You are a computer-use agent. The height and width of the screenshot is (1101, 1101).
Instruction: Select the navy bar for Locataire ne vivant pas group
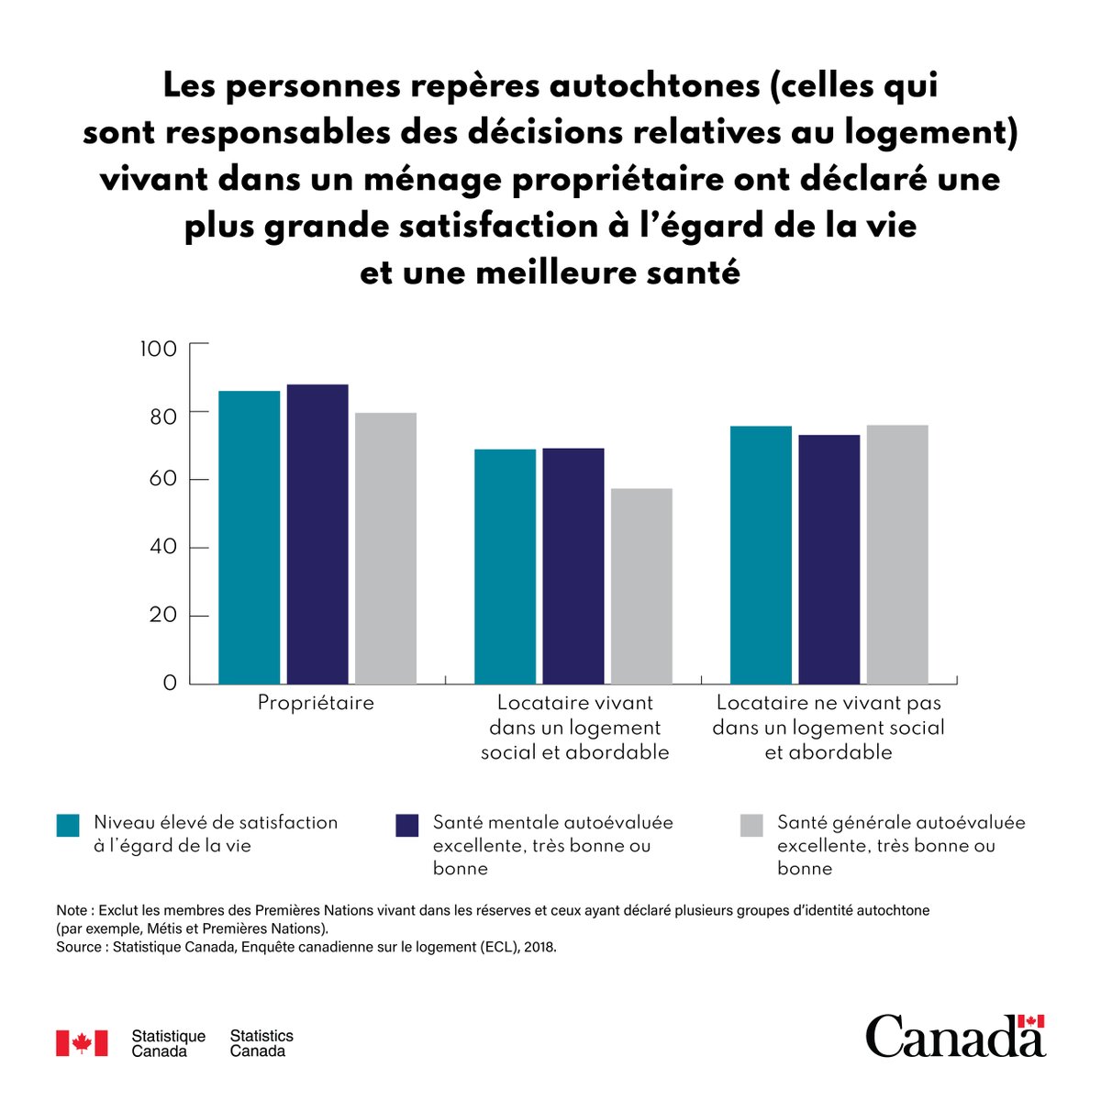click(x=829, y=559)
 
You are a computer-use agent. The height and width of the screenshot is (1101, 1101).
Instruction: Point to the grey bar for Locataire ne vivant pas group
click(x=897, y=554)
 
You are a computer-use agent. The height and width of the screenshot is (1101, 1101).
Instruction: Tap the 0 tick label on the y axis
click(x=170, y=684)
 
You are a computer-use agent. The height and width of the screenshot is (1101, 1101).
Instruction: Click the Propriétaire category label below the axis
click(x=316, y=704)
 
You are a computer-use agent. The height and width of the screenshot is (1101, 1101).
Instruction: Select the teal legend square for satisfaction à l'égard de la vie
click(x=68, y=825)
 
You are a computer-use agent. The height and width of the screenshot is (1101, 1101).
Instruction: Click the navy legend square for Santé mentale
click(x=406, y=825)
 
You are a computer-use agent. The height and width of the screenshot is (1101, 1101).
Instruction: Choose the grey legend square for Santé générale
click(x=751, y=825)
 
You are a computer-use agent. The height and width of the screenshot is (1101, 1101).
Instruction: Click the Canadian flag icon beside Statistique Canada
click(x=82, y=1043)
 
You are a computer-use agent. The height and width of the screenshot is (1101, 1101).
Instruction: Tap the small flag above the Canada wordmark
click(x=1032, y=1022)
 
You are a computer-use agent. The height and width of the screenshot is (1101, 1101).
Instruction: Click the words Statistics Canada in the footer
click(x=261, y=1043)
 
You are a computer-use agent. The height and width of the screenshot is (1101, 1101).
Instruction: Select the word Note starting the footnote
click(x=72, y=910)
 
